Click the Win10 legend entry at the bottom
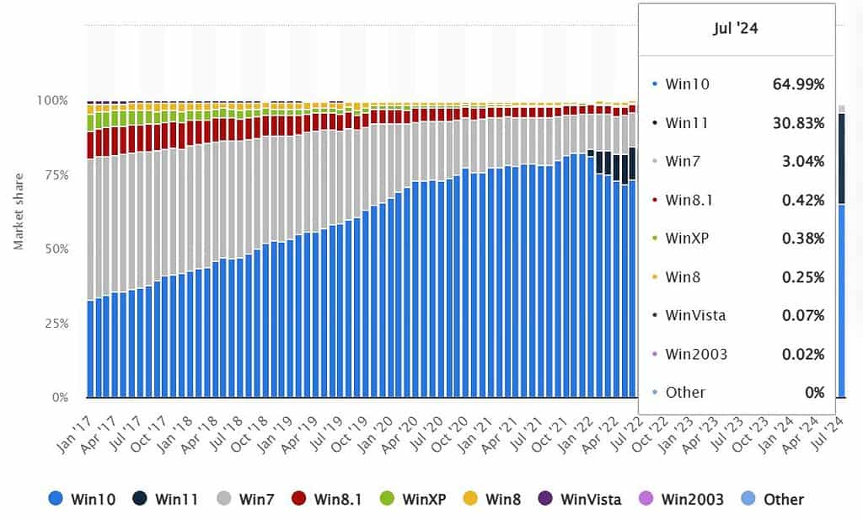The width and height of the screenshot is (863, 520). pos(82,499)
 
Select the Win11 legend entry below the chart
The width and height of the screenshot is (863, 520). pos(165,499)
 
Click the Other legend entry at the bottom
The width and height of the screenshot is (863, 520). pos(772,499)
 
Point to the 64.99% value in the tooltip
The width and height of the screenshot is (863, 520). pos(798,84)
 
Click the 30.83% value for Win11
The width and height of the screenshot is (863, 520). pos(798,123)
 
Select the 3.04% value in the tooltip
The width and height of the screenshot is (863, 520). pos(802,162)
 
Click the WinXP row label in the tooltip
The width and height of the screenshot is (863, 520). pos(687,239)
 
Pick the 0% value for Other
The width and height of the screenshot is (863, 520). pos(813,392)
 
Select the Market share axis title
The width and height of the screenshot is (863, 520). pos(19,211)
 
